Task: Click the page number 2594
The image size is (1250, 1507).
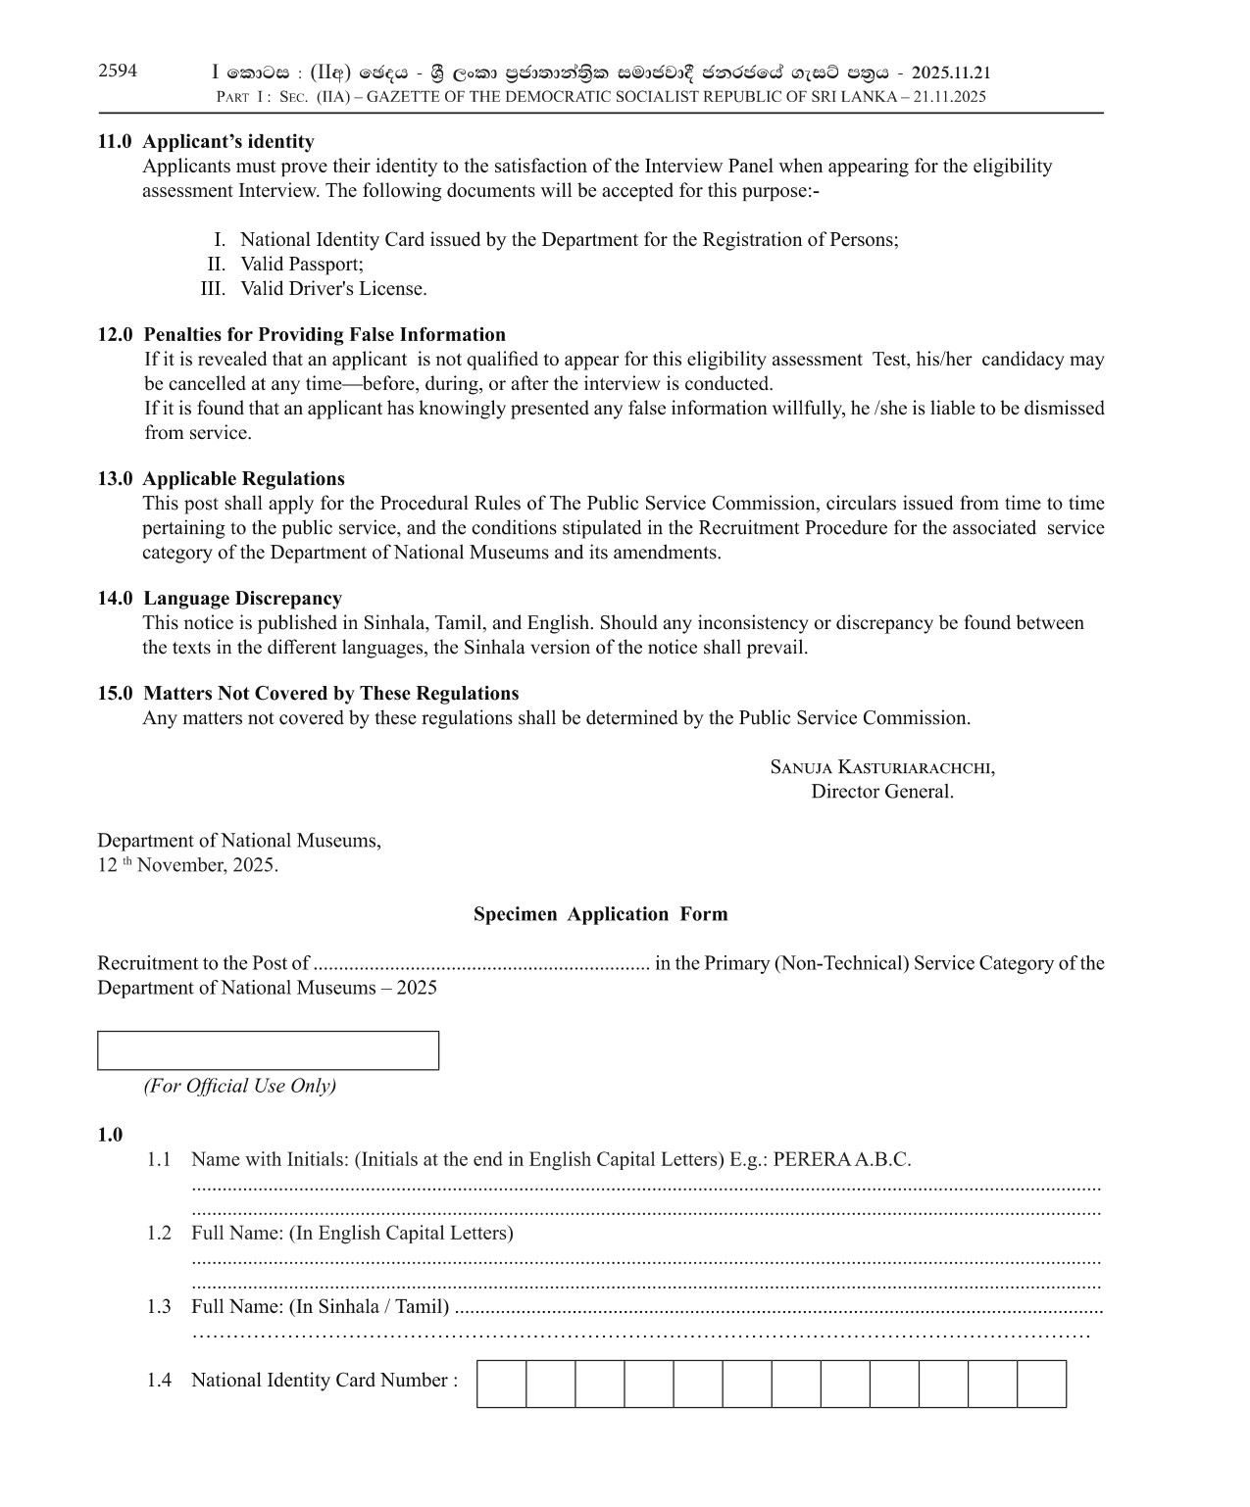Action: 118,71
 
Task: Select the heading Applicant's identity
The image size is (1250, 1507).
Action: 228,141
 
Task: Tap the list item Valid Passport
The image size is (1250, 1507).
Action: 302,264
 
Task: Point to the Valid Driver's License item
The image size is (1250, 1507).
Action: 333,288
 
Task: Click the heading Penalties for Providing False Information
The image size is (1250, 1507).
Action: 325,334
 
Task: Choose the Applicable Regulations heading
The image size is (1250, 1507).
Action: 244,478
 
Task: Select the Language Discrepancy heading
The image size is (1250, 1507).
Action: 243,598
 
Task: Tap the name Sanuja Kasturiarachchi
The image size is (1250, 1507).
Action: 882,767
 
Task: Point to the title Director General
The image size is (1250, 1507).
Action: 882,792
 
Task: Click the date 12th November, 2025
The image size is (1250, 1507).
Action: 187,865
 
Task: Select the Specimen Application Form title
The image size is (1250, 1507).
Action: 600,914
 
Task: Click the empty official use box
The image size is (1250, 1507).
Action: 268,1050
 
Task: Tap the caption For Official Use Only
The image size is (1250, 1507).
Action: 240,1086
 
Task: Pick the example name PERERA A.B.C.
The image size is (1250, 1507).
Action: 842,1159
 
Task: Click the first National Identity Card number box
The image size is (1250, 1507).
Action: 502,1384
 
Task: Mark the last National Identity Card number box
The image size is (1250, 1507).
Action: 1041,1384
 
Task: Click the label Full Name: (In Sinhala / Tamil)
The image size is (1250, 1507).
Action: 320,1306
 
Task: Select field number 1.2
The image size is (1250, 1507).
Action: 159,1233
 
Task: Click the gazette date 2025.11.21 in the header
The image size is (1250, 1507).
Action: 951,73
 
